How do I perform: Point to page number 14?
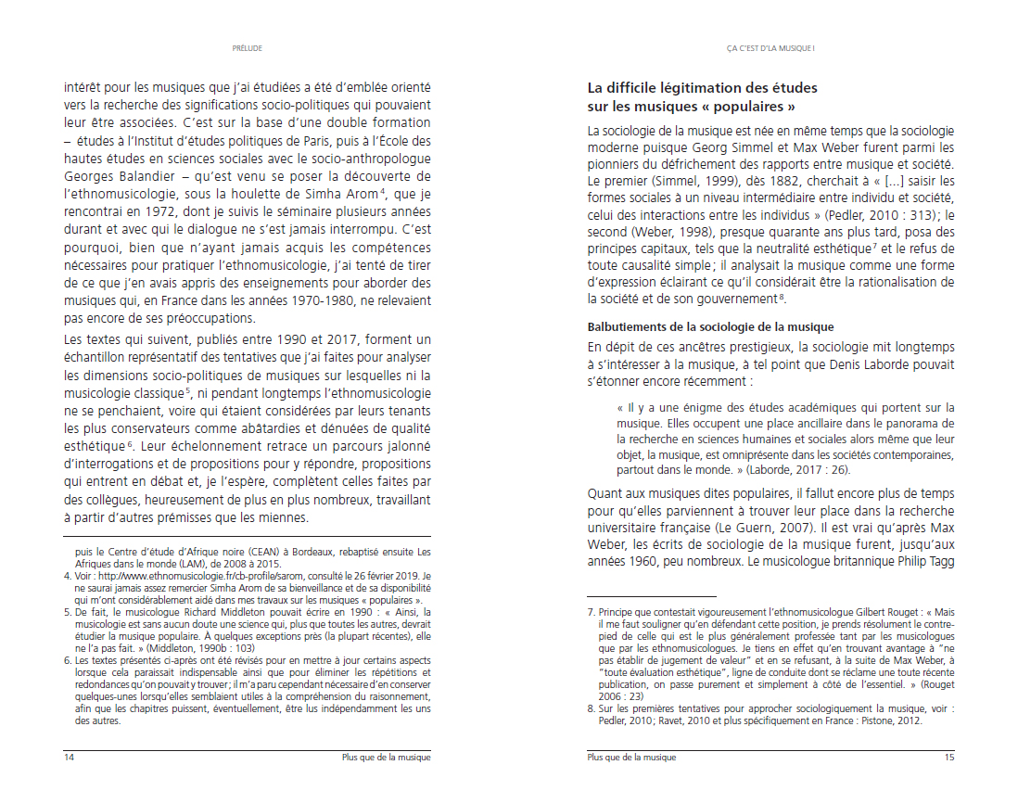69,758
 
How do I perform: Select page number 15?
948,758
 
